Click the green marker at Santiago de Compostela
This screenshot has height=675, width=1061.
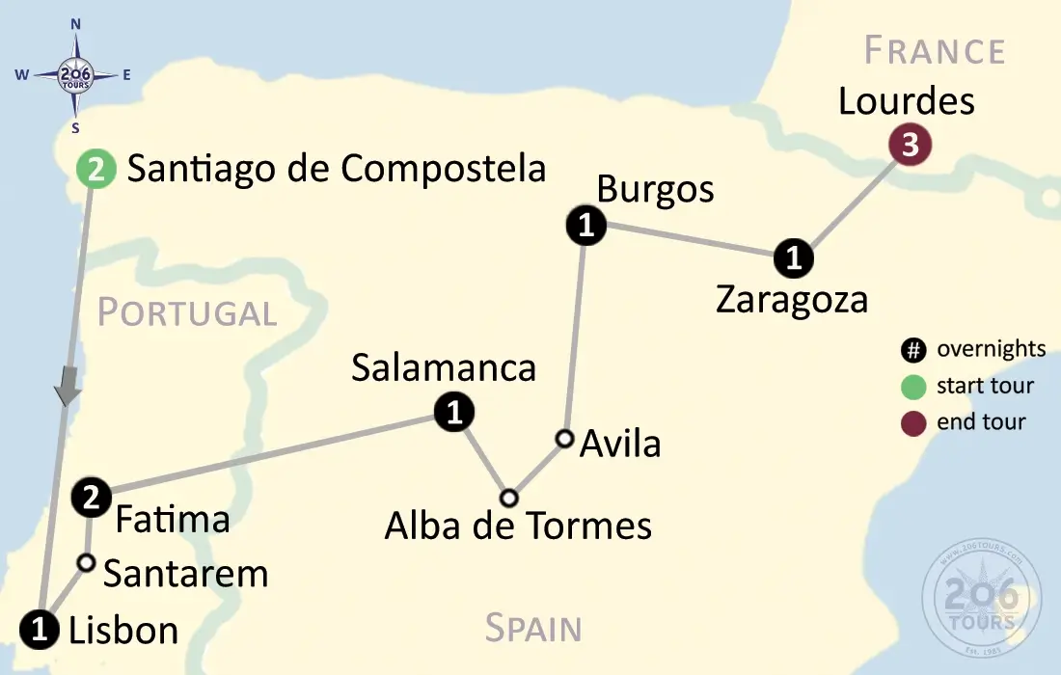click(x=96, y=171)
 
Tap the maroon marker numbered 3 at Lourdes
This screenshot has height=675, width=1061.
click(x=909, y=146)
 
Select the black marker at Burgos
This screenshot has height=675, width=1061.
click(x=585, y=227)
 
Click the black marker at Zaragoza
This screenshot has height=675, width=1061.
click(x=794, y=258)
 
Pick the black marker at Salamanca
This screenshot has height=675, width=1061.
click(x=453, y=413)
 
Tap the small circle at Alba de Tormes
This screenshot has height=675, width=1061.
click(x=509, y=499)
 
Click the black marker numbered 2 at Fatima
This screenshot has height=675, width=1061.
click(x=91, y=498)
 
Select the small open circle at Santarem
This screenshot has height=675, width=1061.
click(x=86, y=562)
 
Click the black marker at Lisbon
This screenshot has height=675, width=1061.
click(x=40, y=630)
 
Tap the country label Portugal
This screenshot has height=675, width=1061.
click(x=187, y=312)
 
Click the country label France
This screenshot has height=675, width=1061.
click(x=934, y=50)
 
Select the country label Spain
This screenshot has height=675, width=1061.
click(x=533, y=628)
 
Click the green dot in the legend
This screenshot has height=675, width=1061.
click(x=913, y=387)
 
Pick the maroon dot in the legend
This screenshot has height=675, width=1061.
click(x=913, y=422)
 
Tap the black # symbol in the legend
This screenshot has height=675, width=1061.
click(x=913, y=350)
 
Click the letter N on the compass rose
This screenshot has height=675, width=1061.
click(x=76, y=24)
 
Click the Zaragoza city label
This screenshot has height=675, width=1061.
click(x=792, y=300)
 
